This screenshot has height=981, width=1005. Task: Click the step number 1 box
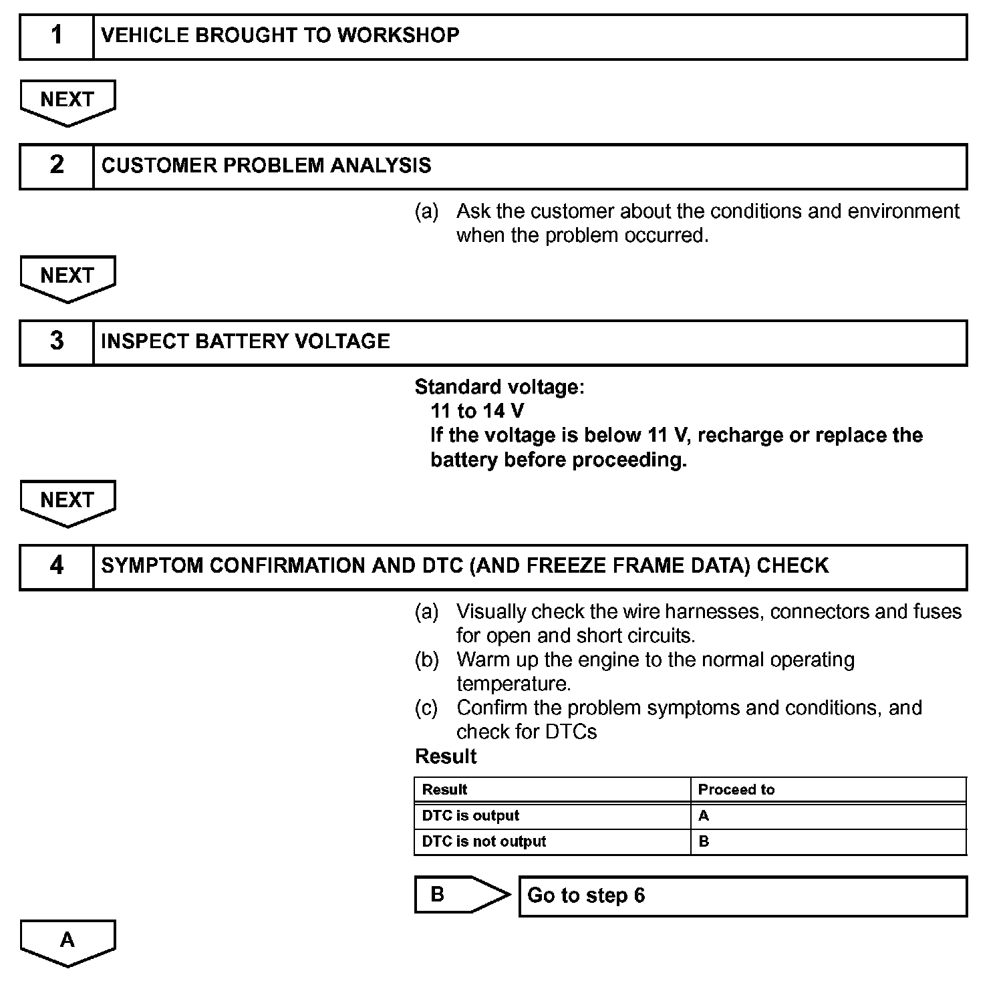(57, 37)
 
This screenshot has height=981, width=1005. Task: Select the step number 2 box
(57, 166)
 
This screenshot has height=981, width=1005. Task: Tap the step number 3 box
(57, 342)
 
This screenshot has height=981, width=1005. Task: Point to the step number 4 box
(57, 567)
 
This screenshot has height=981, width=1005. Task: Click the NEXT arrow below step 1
(67, 101)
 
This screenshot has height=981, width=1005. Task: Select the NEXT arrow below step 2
(67, 277)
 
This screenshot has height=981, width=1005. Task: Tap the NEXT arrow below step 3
(67, 501)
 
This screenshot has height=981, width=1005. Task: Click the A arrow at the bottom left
(67, 942)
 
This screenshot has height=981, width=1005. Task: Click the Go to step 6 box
(742, 896)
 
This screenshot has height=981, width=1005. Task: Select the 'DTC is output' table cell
(552, 816)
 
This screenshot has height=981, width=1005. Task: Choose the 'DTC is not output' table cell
(552, 842)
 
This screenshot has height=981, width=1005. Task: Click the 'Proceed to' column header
(828, 790)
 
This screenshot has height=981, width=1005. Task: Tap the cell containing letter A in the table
(828, 816)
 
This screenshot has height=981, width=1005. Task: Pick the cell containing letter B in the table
(828, 842)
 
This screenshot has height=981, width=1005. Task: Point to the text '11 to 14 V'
(477, 410)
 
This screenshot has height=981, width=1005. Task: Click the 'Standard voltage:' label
(499, 387)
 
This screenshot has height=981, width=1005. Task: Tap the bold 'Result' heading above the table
(446, 756)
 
